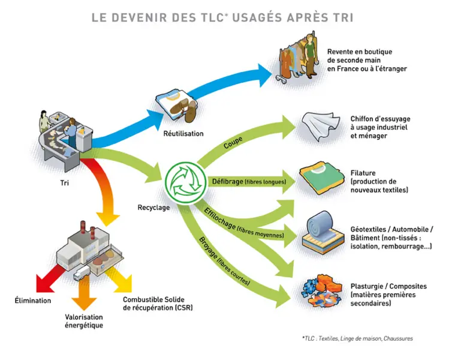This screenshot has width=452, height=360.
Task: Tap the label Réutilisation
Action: [183, 134]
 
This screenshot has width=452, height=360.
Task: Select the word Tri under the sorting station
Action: [65, 183]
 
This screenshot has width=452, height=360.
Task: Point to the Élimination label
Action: [33, 301]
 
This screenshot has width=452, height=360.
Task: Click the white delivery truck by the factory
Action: [82, 273]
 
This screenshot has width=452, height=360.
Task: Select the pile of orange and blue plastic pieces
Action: [322, 291]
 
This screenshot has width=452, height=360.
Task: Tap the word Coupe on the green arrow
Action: [233, 143]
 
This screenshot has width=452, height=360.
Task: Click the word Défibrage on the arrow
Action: [227, 181]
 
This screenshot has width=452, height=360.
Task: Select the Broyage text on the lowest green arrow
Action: [208, 247]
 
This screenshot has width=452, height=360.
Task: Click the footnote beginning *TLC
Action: [357, 338]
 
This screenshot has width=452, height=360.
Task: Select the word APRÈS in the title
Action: [308, 17]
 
